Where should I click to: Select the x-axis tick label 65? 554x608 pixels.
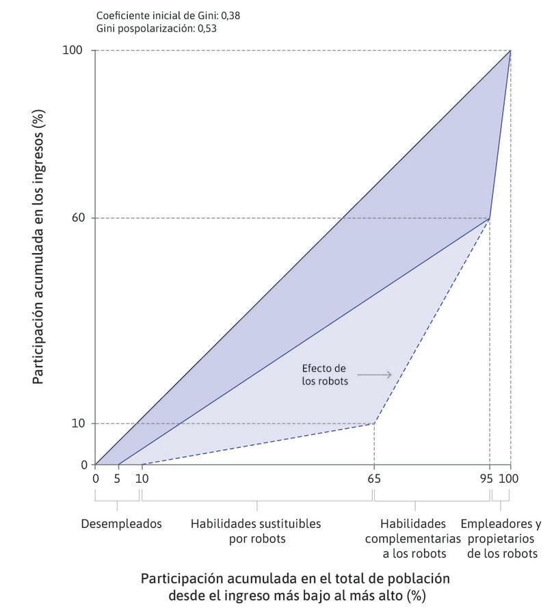point(373,479)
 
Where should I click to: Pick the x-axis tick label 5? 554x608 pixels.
point(118,479)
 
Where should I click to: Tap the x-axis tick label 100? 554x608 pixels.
point(509,479)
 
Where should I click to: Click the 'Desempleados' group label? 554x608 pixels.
point(121,525)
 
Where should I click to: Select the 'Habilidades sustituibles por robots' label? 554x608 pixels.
point(256,531)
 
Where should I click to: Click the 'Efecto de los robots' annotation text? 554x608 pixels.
point(326,375)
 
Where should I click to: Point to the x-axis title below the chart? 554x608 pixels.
point(295,586)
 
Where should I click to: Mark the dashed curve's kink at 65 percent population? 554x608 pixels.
point(373,423)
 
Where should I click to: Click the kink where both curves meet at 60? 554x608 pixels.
point(490,218)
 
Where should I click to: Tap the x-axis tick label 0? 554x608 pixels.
point(95,479)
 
